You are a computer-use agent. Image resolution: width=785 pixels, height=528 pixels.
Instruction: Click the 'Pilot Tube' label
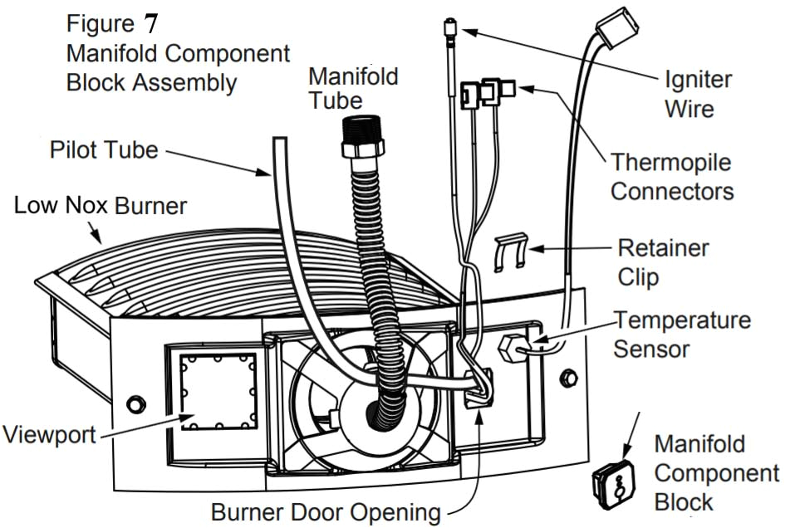click(103, 150)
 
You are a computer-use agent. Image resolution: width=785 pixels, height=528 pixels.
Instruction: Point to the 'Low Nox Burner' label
click(101, 205)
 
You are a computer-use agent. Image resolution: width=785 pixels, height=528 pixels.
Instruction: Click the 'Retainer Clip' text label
click(663, 262)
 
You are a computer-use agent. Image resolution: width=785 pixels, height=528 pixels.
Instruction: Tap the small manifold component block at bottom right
click(615, 482)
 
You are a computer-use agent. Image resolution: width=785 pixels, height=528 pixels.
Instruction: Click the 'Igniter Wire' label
click(698, 93)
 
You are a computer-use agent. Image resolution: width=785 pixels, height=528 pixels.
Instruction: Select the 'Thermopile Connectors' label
click(672, 176)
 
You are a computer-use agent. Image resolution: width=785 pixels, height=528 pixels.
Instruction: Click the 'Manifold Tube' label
click(353, 88)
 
